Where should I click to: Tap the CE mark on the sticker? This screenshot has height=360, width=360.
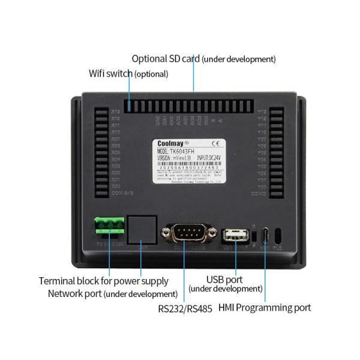tap(215, 143)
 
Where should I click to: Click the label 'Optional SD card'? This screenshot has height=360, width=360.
tap(166, 59)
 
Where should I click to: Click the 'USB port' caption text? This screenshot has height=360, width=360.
tap(225, 279)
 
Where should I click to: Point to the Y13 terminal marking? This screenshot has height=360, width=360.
tap(261, 112)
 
